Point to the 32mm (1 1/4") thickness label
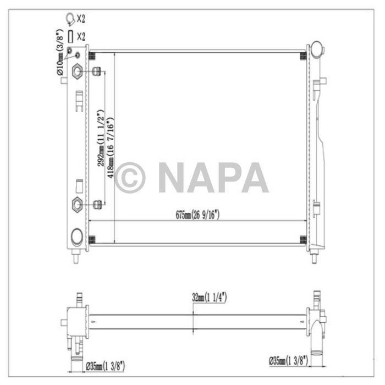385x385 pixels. pyautogui.click(x=210, y=298)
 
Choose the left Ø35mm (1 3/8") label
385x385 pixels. pyautogui.click(x=106, y=364)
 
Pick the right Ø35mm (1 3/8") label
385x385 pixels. pyautogui.click(x=288, y=361)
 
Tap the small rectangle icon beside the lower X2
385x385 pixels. pyautogui.click(x=70, y=37)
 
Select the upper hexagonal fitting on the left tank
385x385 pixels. pyautogui.click(x=77, y=70)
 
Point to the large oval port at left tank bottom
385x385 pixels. pyautogui.click(x=77, y=237)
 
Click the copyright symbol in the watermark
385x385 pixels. pyautogui.click(x=130, y=178)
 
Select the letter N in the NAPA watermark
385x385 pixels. pyautogui.click(x=172, y=178)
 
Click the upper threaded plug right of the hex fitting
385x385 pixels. pyautogui.click(x=97, y=70)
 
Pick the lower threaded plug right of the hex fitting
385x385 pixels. pyautogui.click(x=97, y=205)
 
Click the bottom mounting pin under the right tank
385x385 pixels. pyautogui.click(x=315, y=257)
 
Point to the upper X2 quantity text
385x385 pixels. pyautogui.click(x=81, y=20)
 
